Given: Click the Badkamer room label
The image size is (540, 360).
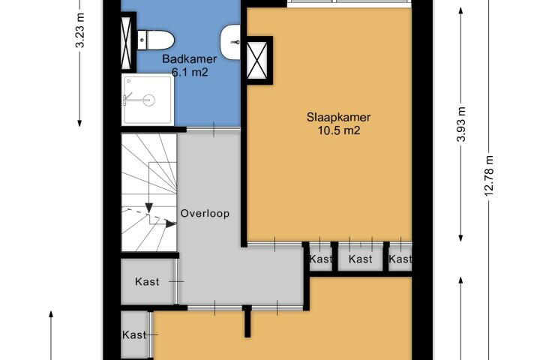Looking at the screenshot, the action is point(190,59).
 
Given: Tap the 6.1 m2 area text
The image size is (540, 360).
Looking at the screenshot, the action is point(190,72).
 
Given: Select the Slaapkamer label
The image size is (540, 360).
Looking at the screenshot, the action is point(338,117).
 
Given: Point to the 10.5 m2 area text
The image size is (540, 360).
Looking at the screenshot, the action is point(339,130).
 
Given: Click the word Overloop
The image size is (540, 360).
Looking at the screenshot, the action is point(205,214).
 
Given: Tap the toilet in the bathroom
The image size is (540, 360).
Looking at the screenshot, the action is point(156,40).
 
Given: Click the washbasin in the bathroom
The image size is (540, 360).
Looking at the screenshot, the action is point(230,42).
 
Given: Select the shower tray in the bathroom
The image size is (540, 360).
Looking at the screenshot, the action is point(148,100).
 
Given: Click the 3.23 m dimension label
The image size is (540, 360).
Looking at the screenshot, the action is point(80,30).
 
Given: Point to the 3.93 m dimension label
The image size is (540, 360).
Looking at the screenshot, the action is point(461,124).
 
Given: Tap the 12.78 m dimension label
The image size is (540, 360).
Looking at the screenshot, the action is point(489,176).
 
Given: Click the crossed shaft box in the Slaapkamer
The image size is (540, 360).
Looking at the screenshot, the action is point(257,60).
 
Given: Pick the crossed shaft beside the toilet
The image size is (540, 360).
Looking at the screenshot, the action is point(127,42).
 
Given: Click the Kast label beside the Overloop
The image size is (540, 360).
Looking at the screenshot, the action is point(147,282).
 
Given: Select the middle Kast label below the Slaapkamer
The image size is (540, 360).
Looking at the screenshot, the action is point(360,259).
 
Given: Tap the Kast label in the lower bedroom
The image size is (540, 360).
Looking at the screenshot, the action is point(134,334).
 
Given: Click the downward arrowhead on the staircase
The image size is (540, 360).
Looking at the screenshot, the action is point(148,208).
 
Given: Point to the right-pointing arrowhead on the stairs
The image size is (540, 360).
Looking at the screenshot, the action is point(171,224).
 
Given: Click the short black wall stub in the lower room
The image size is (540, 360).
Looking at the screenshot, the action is point(247,321).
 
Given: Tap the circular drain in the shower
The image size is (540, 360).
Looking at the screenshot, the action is point(149,100).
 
